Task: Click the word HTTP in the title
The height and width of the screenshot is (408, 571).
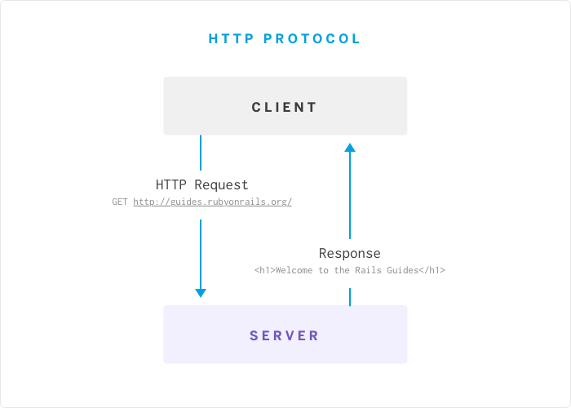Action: (231, 38)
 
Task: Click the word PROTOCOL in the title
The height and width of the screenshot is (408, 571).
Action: (312, 38)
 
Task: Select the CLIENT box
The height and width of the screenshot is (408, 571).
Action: (285, 106)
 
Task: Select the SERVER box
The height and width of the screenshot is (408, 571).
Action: (285, 335)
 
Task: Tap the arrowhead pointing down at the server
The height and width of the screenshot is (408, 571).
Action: (201, 293)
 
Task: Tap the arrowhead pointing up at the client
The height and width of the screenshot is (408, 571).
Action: (350, 148)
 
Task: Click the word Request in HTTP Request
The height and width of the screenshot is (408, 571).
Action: (221, 185)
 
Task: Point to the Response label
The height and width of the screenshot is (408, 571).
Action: (349, 253)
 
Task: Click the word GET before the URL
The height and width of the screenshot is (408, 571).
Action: (120, 202)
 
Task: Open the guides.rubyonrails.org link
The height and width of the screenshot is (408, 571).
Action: (212, 202)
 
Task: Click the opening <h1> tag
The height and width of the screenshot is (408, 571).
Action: (264, 270)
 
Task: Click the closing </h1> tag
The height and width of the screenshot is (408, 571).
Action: (432, 270)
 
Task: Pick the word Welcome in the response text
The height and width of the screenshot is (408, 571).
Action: (294, 270)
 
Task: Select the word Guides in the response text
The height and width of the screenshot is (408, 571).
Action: (401, 270)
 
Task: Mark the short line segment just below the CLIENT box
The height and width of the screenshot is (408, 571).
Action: (201, 153)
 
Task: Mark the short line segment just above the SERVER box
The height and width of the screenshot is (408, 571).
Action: (350, 297)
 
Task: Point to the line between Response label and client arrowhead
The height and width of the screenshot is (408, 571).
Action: (350, 196)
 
